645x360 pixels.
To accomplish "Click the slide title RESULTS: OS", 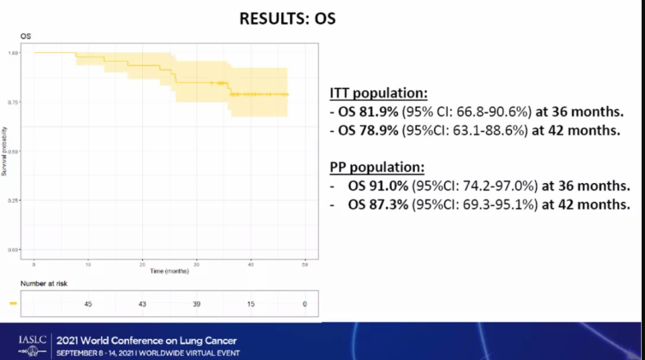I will click(287, 18).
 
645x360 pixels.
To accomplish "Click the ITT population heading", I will click(379, 93).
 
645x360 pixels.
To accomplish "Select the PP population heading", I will click(377, 167).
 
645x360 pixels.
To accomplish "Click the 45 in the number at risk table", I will click(88, 304).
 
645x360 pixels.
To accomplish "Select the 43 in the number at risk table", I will click(142, 304).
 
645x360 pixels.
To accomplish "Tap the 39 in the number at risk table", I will click(196, 304).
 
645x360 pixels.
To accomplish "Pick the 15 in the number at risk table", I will click(250, 304).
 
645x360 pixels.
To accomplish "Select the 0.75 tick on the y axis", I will click(14, 102).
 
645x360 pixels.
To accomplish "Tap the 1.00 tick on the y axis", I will click(14, 53).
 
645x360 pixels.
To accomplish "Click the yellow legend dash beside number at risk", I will click(14, 304).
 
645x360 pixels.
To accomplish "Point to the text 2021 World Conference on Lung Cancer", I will click(146, 341).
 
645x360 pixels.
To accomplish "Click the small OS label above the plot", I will click(26, 35).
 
